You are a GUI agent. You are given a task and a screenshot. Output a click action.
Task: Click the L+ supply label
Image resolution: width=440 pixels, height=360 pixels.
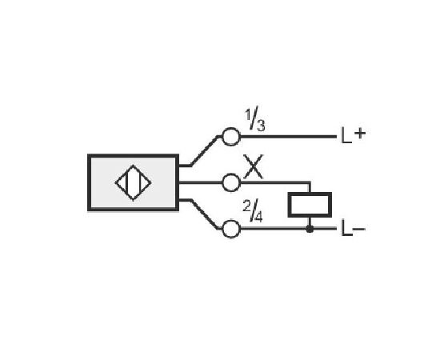[x=353, y=135]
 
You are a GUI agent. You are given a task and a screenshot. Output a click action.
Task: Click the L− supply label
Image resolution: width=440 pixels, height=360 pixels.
[x=353, y=229]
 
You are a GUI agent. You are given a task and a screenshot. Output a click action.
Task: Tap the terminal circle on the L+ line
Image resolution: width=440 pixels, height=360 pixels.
[x=231, y=137]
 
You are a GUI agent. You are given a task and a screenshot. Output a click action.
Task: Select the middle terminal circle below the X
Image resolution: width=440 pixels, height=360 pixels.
[x=231, y=182]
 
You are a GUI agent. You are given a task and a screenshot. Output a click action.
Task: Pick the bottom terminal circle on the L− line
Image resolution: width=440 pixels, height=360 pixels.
[x=231, y=229]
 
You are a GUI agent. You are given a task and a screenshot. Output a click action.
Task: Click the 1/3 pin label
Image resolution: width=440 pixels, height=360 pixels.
[x=254, y=119]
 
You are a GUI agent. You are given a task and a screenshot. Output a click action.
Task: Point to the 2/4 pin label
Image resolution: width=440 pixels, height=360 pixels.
[x=253, y=212]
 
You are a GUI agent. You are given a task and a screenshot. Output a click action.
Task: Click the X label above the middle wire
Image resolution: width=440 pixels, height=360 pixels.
[x=253, y=166]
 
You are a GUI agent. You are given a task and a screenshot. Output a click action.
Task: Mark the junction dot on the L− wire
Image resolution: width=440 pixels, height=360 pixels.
[x=310, y=229]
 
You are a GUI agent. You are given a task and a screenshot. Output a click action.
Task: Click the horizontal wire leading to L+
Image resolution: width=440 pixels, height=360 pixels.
[x=288, y=137]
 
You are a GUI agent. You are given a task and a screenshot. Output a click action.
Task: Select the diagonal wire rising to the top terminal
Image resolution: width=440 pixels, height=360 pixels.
[x=205, y=150]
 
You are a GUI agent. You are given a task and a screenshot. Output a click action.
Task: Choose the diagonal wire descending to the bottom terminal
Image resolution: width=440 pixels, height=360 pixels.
[x=205, y=214]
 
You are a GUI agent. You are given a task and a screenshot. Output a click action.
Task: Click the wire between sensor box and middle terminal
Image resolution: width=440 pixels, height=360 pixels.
[x=200, y=182]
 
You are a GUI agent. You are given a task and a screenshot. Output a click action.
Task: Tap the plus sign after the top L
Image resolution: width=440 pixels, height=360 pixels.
[x=360, y=134]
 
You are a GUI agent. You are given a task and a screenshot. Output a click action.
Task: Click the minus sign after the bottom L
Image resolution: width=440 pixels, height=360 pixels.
[x=359, y=229]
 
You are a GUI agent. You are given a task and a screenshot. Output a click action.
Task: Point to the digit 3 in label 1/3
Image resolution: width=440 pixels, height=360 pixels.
[x=261, y=126]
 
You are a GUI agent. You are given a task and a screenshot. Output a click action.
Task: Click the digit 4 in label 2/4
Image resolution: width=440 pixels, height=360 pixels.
[x=258, y=217]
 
